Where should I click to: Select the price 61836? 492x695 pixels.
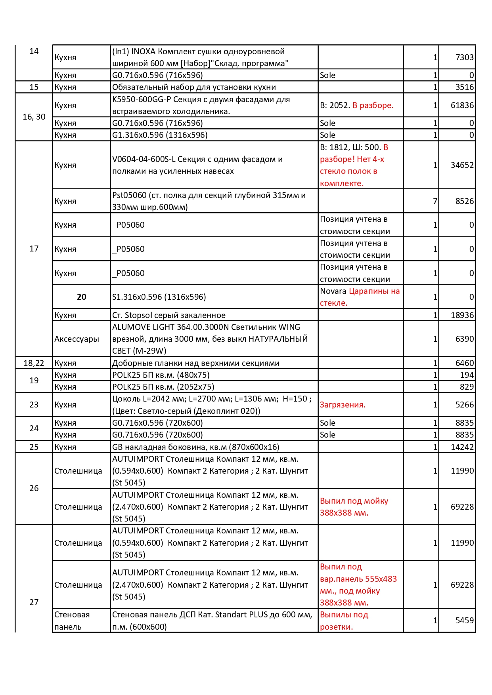coord(462,105)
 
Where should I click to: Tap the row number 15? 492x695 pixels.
coord(34,87)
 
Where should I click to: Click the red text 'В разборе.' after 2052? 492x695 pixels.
coord(373,105)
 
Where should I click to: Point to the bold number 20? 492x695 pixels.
coord(82,297)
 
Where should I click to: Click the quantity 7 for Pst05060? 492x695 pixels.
coord(435,201)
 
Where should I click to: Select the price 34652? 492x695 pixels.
coord(462,165)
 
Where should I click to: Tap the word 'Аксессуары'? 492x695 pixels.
coord(77,339)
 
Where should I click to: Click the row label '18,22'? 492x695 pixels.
coord(34,363)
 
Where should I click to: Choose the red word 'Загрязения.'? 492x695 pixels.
coord(343,405)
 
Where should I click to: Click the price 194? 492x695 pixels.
coord(467,375)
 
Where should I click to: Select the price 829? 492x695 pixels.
coord(467,387)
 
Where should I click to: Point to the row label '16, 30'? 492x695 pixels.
coord(34,117)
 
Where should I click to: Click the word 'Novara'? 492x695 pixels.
coord(333,291)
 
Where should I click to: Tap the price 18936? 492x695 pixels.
coord(462,315)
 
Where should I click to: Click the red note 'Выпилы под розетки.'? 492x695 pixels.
coord(344,621)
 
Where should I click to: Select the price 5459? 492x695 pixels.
coord(464,621)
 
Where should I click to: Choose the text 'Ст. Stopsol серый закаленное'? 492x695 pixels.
coord(169,315)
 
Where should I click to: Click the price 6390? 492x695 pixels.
coord(464,339)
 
